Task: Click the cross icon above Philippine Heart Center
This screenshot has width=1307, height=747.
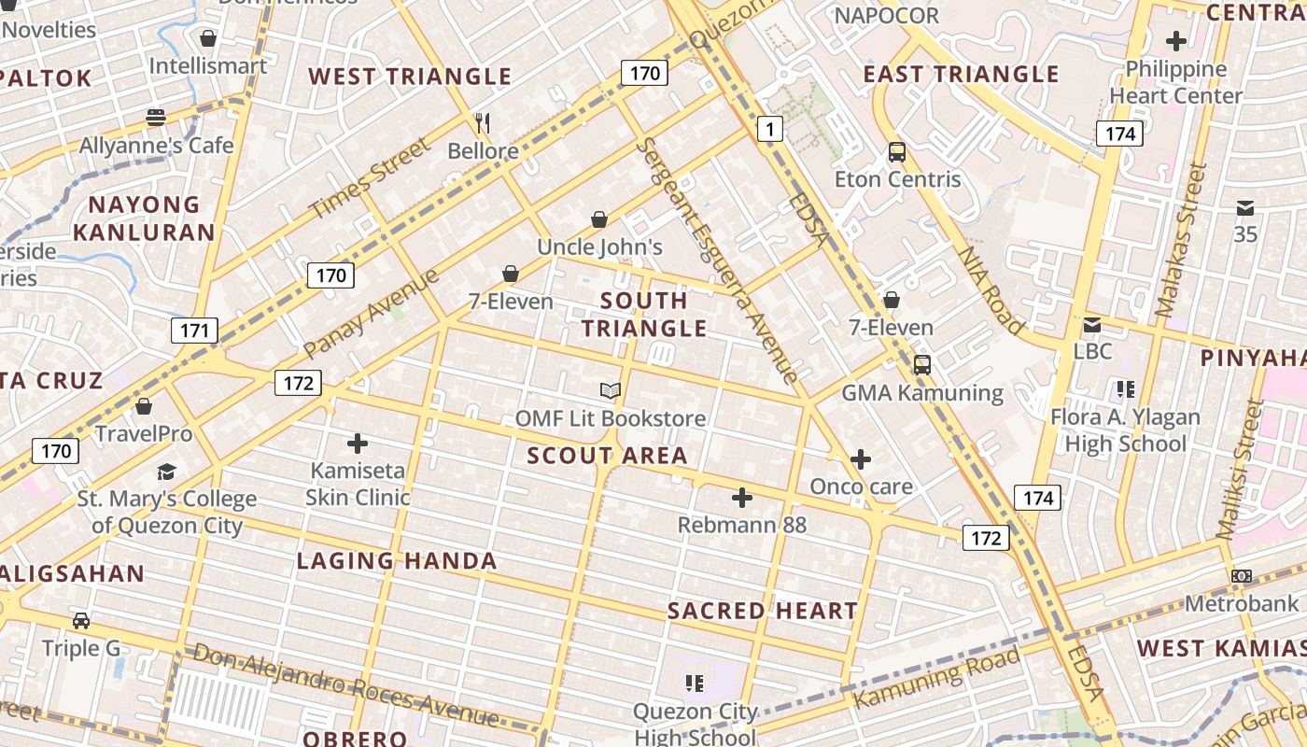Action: point(1176,41)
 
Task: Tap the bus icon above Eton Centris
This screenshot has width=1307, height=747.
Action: point(897,151)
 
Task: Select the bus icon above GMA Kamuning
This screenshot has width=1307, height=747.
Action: point(922,365)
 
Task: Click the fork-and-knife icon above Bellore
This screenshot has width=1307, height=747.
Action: point(483,123)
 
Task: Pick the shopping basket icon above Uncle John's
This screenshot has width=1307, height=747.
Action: point(599,219)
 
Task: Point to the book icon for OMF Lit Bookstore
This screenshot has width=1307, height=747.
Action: point(611,390)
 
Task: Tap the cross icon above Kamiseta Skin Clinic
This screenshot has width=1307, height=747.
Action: point(358,444)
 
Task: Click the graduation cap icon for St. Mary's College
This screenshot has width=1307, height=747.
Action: point(166,472)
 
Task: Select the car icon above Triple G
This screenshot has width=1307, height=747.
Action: point(81,620)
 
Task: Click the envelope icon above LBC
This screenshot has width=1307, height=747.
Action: point(1091,325)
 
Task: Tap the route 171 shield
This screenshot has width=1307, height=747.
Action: point(194,330)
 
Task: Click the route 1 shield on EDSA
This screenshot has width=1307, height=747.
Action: point(769,129)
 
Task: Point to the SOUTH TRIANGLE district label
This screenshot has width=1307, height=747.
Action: point(644,314)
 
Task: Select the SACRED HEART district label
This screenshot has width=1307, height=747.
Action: point(762,611)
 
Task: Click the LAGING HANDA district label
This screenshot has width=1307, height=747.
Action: point(397,561)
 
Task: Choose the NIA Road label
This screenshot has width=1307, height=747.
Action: point(991,289)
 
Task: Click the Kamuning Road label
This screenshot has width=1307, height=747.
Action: point(935,679)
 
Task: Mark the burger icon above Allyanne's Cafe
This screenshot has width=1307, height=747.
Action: point(156,118)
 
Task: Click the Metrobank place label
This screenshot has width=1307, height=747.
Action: point(1242,603)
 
